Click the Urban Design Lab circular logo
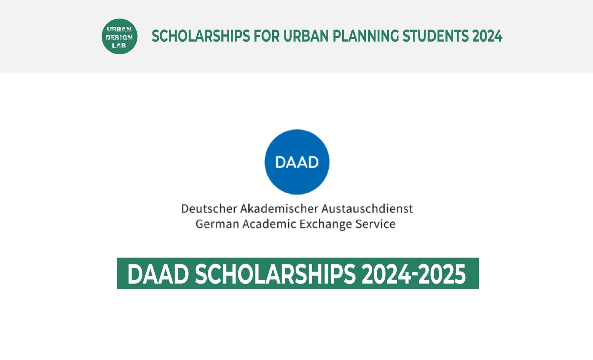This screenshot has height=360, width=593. [119, 36]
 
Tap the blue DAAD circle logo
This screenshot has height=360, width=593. [297, 162]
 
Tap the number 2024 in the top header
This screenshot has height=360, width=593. [488, 36]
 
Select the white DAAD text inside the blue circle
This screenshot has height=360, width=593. [297, 162]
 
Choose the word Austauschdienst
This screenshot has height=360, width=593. [367, 209]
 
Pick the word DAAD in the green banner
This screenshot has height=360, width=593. [158, 274]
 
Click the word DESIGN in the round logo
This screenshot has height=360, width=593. [119, 37]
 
